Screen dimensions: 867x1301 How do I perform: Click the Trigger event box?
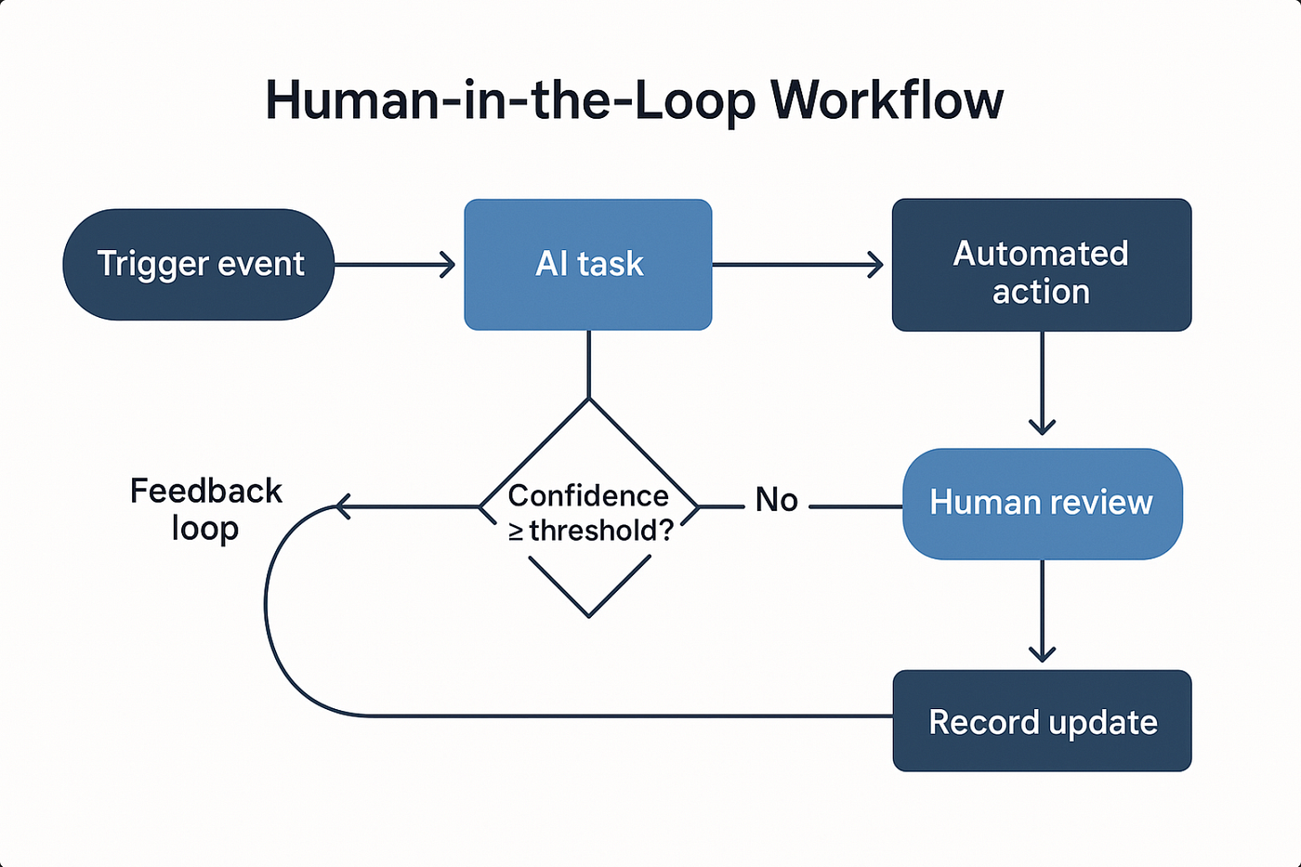[x=199, y=265]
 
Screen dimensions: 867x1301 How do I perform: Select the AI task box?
[x=588, y=265]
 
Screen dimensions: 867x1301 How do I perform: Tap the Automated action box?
[x=1042, y=265]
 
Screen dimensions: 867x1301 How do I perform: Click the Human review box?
[x=1042, y=504]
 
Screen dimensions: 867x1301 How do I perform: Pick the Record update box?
[x=1042, y=721]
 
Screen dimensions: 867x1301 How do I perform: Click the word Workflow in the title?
[x=887, y=100]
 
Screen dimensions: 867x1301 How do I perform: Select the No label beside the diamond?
[x=776, y=500]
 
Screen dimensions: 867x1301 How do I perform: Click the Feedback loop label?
[x=205, y=509]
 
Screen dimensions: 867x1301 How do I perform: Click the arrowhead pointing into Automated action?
[x=876, y=265]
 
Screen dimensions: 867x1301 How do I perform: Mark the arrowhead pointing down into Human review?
[x=1042, y=427]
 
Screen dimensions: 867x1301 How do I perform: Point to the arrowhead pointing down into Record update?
[x=1042, y=654]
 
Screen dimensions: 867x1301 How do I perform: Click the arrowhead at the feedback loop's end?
[x=341, y=506]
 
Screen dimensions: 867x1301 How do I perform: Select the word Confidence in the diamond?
[x=588, y=495]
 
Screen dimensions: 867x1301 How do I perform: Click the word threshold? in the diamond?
[x=600, y=531]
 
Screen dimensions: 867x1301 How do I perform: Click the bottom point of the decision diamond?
[x=589, y=615]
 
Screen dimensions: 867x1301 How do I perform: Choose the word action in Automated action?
[x=1041, y=292]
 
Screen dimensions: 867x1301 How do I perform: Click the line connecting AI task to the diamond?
[x=588, y=364]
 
